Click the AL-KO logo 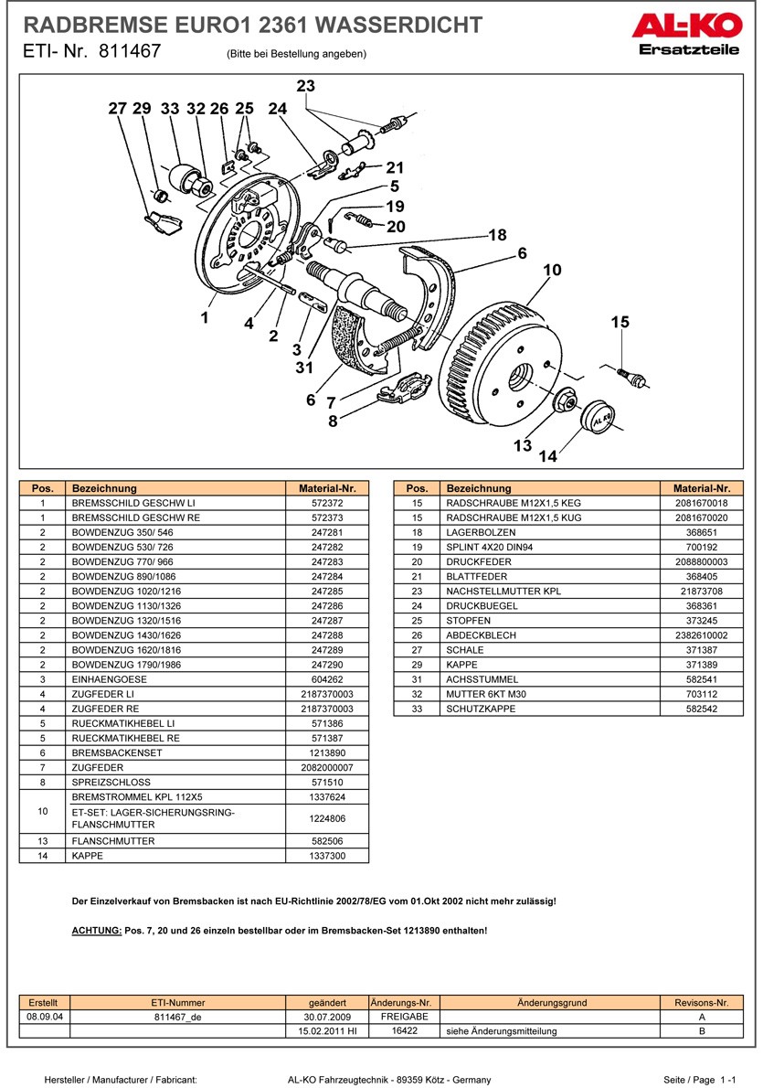click(x=684, y=27)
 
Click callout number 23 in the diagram click(x=305, y=86)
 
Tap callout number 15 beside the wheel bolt click(x=620, y=322)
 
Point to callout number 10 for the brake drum click(x=552, y=271)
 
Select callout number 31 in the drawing click(x=304, y=368)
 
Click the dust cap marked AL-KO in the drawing click(x=599, y=419)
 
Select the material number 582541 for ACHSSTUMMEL click(x=701, y=679)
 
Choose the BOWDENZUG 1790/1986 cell click(x=122, y=665)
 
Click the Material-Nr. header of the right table click(x=701, y=488)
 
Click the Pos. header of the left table click(x=43, y=488)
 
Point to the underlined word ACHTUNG click(x=96, y=930)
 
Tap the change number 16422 click(x=404, y=1030)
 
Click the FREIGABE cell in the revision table click(x=404, y=1016)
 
